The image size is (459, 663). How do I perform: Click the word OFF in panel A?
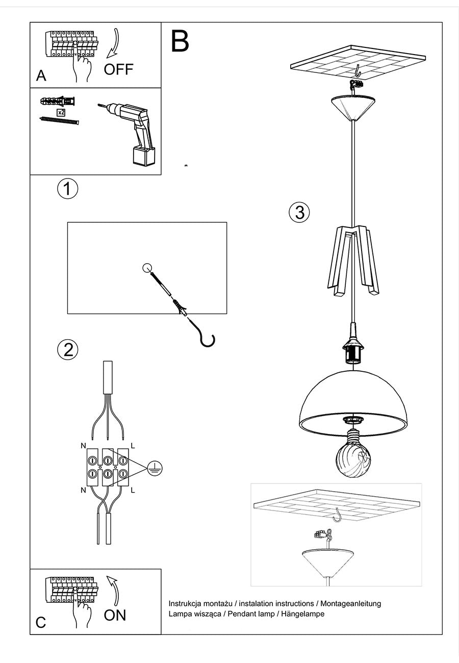coord(118,69)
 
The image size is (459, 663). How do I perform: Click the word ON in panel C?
coord(115,615)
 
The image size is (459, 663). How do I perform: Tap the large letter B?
coord(180,41)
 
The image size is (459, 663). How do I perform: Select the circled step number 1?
coord(67,189)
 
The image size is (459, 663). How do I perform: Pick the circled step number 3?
coord(299,212)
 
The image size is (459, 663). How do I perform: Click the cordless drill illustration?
coord(134,133)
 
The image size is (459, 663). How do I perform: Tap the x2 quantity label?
coord(61,112)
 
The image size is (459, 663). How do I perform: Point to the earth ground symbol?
coord(155,468)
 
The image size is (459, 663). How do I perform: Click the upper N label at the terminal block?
coord(83,445)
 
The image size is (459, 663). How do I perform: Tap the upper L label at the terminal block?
coord(133,445)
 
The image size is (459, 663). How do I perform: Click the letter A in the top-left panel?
coord(41,76)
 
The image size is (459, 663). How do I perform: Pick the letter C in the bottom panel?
coord(41,623)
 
